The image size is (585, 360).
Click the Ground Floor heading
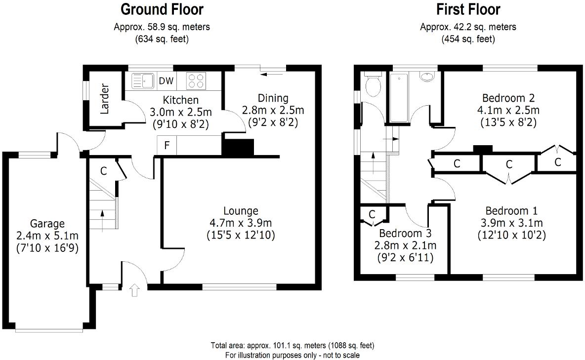[162, 9]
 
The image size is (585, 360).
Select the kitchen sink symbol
[143, 80]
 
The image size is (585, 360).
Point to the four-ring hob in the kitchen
[196, 80]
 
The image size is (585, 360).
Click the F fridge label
[167, 146]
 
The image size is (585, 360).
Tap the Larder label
[104, 102]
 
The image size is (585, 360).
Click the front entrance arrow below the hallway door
[134, 290]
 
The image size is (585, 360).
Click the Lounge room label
[240, 211]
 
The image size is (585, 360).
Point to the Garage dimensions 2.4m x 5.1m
[47, 235]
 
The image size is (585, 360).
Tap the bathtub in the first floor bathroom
[398, 97]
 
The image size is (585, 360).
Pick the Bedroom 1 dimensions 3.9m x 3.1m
[511, 223]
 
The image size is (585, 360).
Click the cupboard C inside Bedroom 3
[372, 214]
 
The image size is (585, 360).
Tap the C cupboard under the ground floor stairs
[103, 171]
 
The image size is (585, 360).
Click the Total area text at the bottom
[292, 346]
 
